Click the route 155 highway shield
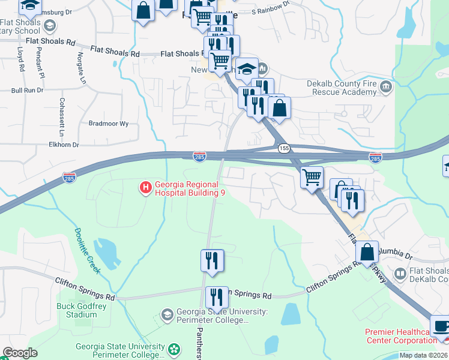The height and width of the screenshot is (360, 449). (x=284, y=148)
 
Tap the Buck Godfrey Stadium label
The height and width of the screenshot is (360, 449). (x=77, y=310)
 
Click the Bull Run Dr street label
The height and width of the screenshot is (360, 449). (x=28, y=91)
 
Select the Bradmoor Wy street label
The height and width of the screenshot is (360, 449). (x=109, y=124)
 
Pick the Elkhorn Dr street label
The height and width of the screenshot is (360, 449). (x=64, y=145)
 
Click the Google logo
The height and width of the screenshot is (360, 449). (x=20, y=353)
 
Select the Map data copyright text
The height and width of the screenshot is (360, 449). (x=423, y=355)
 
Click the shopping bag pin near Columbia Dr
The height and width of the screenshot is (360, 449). (x=367, y=252)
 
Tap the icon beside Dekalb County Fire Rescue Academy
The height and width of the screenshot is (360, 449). (x=386, y=88)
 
